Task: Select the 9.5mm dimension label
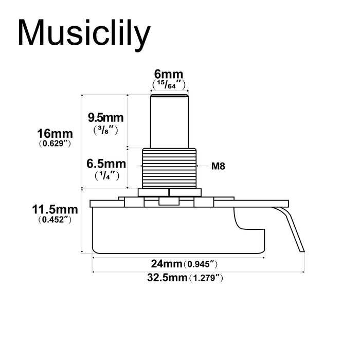point(105,118)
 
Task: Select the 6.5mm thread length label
point(106,164)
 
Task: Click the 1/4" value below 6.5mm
point(106,175)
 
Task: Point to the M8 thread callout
point(218,166)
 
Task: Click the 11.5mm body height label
point(55,209)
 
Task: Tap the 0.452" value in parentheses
point(54,220)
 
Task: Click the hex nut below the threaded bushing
point(169,192)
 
